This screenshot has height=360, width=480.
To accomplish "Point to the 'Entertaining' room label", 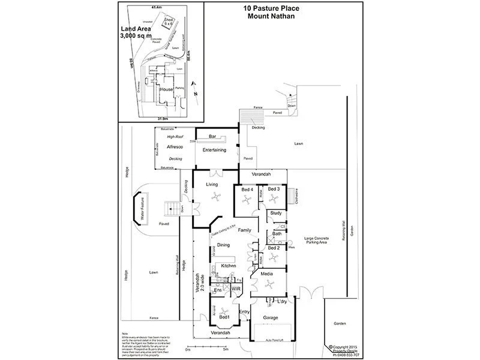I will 214,150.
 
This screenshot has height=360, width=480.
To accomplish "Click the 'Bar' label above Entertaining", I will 212,137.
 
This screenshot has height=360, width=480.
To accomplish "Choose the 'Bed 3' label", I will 274,190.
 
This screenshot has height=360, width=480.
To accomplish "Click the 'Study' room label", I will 276,213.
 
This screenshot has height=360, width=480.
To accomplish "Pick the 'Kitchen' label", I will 228,265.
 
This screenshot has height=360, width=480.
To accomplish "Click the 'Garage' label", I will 274,317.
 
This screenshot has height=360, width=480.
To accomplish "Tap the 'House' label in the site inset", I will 166,89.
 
